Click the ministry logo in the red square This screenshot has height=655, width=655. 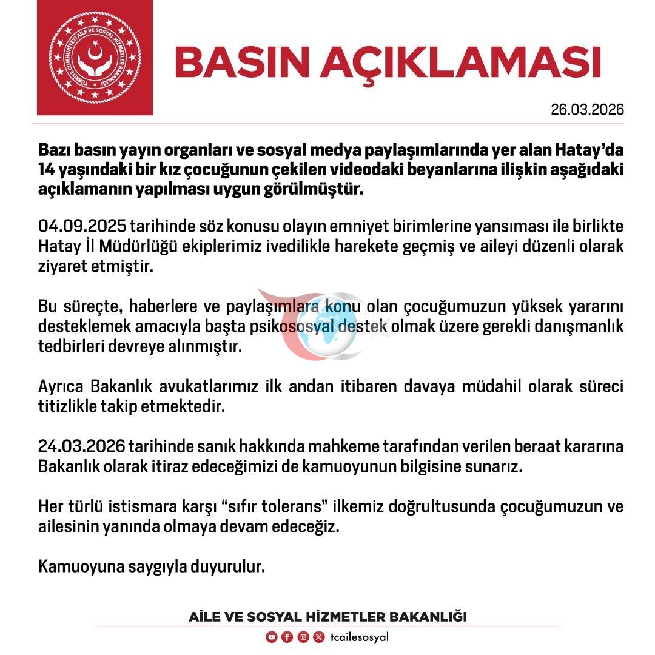[94, 57]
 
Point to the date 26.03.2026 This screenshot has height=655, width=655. [587, 110]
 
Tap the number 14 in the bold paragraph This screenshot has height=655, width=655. [49, 170]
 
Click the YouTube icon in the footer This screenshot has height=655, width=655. [272, 637]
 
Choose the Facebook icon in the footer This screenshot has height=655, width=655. [287, 637]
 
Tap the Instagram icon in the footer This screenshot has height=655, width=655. [303, 637]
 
